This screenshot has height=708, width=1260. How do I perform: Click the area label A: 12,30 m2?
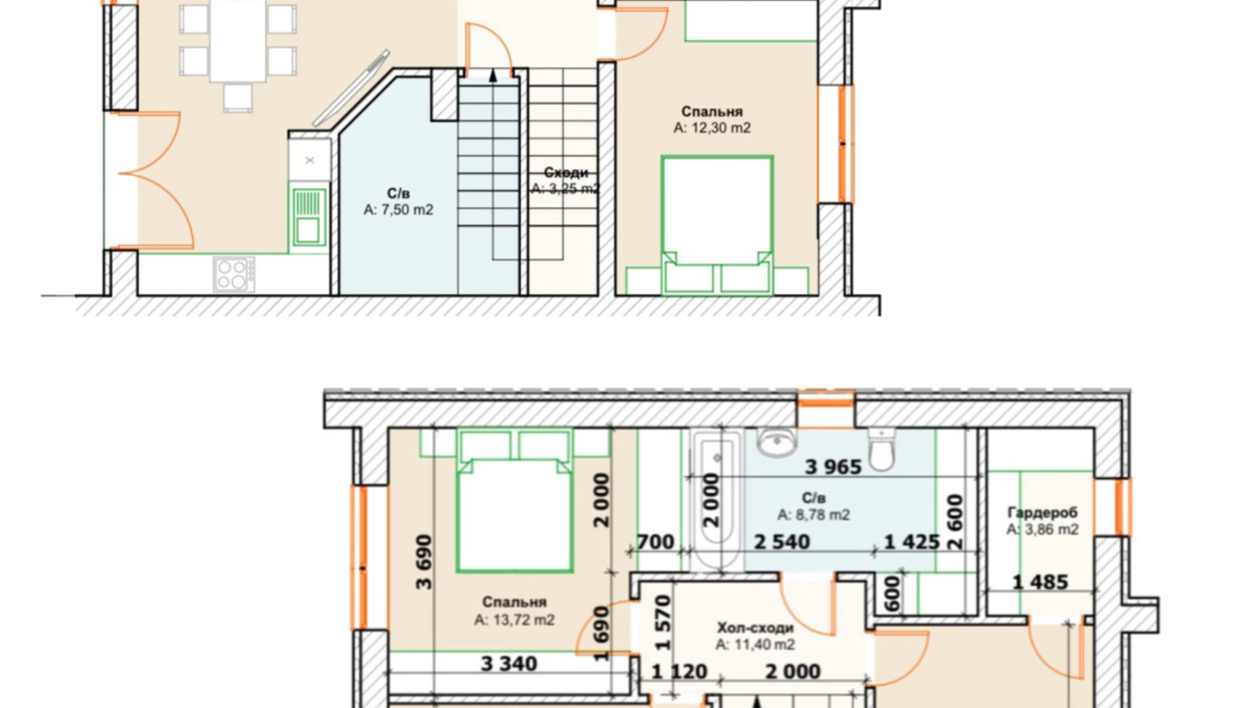[712, 128]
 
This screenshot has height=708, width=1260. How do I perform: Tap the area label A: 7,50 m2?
[398, 210]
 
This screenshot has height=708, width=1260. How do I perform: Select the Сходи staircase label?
[565, 173]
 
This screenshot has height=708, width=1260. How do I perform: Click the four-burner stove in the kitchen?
[234, 274]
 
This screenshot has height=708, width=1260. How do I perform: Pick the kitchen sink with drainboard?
[308, 216]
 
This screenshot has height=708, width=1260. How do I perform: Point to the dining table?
[238, 41]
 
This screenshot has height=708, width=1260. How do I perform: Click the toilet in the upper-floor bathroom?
[881, 449]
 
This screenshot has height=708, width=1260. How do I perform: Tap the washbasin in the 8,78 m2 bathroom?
[776, 442]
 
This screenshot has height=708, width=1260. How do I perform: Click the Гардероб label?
[1042, 513]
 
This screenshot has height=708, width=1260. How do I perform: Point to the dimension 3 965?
[833, 467]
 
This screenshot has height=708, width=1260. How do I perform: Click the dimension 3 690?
[424, 562]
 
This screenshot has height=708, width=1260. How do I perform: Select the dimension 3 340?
[509, 664]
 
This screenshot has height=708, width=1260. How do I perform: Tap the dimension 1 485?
[1040, 583]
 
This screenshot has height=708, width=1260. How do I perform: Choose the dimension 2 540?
[782, 542]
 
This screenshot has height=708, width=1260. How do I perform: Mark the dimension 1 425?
[912, 542]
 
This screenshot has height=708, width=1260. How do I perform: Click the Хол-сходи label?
[755, 628]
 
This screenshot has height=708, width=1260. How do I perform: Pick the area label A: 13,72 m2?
[514, 620]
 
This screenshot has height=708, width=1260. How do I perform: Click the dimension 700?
[655, 542]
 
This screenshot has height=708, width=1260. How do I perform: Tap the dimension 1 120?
[679, 672]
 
